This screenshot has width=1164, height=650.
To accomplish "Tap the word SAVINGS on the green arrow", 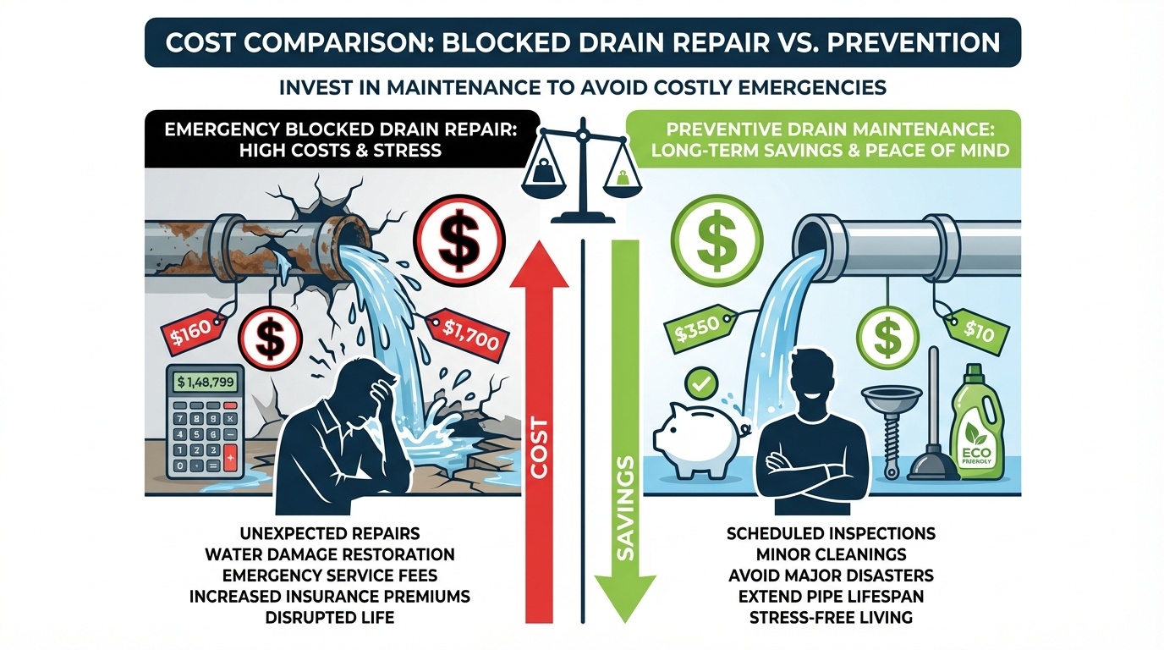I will coord(626,507).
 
